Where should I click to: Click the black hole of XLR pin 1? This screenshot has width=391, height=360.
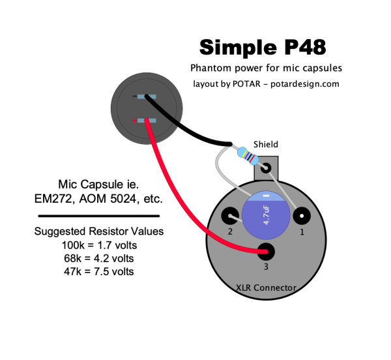click(x=301, y=216)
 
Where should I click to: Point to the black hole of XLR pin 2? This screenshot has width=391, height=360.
click(x=230, y=216)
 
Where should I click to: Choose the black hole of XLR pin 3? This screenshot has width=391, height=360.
click(x=265, y=250)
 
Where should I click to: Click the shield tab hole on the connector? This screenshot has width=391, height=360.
click(x=265, y=168)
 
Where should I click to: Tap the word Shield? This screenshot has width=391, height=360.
click(x=266, y=144)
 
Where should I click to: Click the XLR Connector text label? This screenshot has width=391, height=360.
click(x=265, y=288)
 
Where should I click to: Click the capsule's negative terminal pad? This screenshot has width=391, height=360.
click(x=147, y=97)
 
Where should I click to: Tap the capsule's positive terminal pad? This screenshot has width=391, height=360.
click(x=147, y=121)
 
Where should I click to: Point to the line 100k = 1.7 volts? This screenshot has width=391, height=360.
click(x=99, y=245)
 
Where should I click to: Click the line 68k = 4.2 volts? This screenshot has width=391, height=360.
click(x=99, y=258)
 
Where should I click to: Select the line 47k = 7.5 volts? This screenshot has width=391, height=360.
click(x=99, y=271)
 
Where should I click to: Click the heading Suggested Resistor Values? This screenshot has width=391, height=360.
click(x=99, y=232)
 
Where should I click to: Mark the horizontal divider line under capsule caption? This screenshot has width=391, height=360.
click(x=99, y=215)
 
